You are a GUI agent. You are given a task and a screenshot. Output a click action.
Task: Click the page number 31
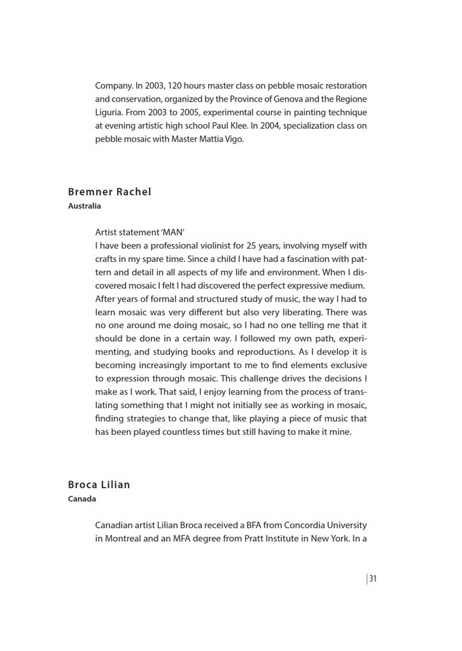[373, 579]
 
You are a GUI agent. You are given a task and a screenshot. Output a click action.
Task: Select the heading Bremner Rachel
[109, 192]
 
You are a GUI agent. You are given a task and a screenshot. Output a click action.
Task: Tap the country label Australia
[85, 206]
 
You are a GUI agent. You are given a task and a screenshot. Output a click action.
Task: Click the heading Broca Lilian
[99, 484]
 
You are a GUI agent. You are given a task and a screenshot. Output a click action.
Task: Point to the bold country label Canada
[82, 498]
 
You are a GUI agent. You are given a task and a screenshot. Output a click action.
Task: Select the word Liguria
[111, 112]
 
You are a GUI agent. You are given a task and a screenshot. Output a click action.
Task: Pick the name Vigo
[232, 139]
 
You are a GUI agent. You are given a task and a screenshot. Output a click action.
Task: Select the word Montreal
[125, 539]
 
